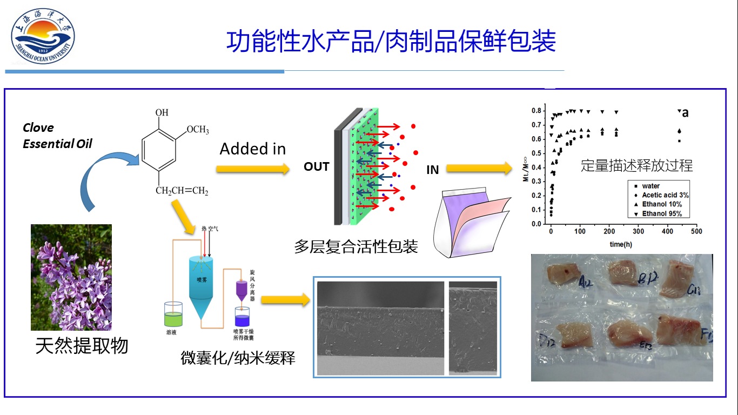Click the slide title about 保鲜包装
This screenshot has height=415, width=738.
click(391, 41)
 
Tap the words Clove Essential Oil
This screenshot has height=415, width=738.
click(57, 136)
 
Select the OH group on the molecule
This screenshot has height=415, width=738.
click(162, 113)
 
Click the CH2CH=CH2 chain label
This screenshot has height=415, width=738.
click(182, 191)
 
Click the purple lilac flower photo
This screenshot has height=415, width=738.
click(71, 277)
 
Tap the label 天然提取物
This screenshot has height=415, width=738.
click(82, 346)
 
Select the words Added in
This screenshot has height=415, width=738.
click(252, 149)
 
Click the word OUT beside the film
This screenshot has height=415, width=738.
click(316, 167)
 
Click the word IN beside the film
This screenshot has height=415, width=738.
click(432, 170)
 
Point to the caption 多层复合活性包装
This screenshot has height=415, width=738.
click(356, 246)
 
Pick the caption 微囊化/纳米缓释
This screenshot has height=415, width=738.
click(238, 358)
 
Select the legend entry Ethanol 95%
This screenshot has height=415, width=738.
click(662, 213)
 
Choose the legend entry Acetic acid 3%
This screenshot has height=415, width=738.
click(665, 195)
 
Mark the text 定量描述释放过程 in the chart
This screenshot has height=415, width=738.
click(636, 165)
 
